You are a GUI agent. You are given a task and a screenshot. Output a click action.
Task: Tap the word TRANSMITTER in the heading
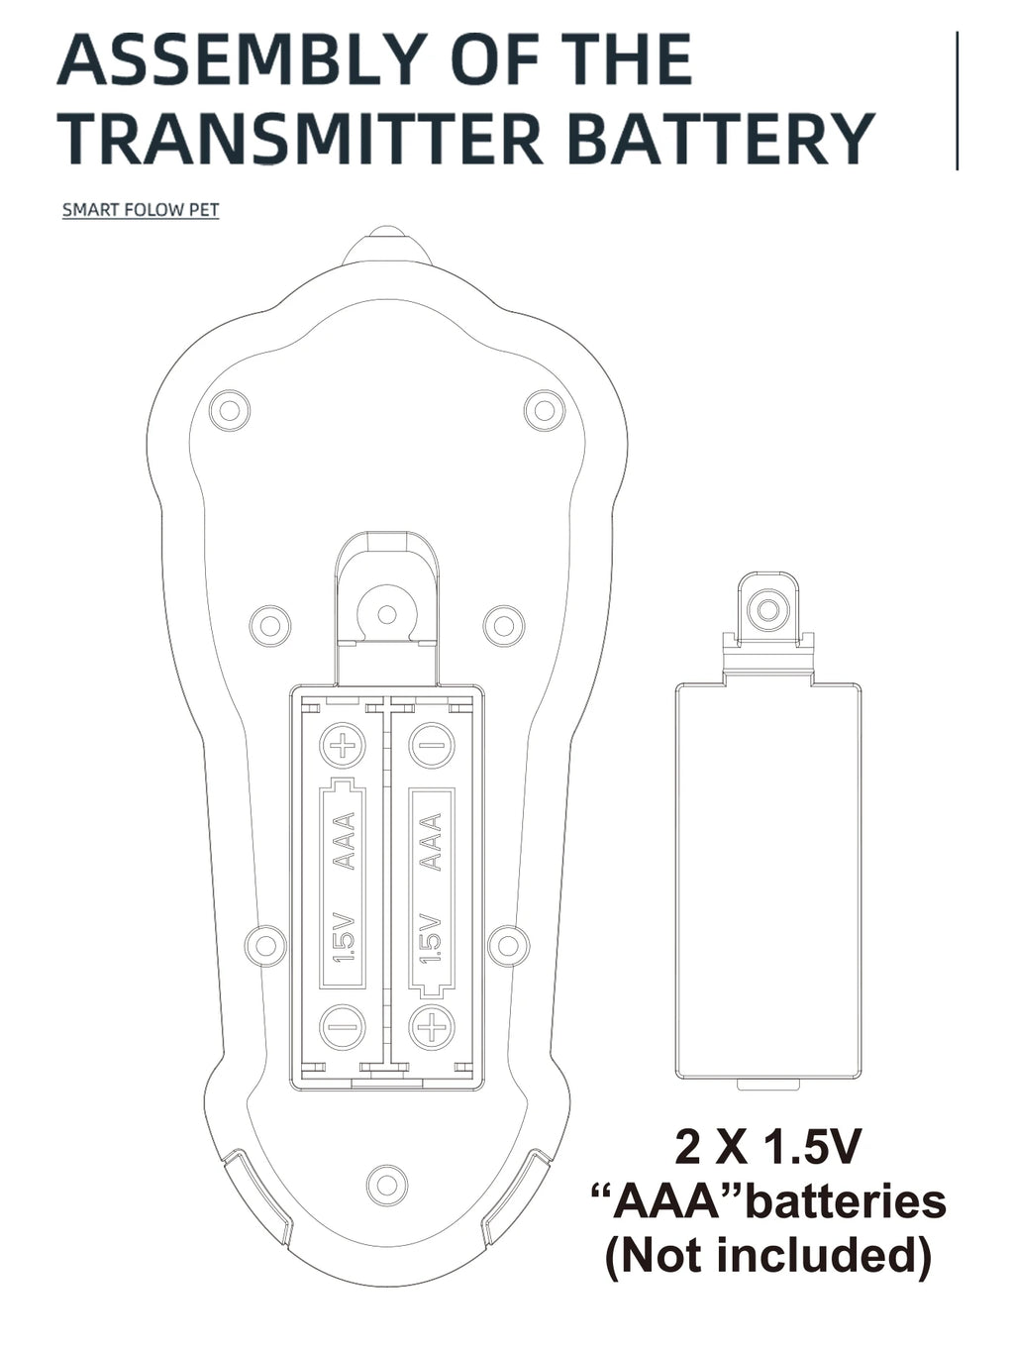click(x=300, y=139)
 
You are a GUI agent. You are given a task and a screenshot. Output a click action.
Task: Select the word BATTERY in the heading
click(x=724, y=139)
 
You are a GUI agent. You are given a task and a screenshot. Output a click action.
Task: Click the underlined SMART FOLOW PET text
click(x=141, y=210)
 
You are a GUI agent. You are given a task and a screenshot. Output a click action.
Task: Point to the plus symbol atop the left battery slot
click(x=344, y=746)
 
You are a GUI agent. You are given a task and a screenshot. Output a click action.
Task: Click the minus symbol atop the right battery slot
click(x=432, y=746)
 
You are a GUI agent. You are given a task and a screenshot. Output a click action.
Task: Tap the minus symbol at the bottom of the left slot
click(x=344, y=1027)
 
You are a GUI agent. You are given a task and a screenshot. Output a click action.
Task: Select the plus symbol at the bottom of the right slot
click(x=432, y=1027)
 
